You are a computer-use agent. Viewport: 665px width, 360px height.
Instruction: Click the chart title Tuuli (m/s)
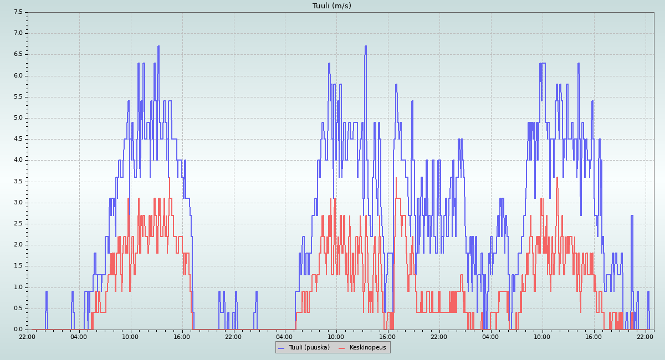[x=332, y=6]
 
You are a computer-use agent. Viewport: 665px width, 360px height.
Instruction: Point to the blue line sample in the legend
[x=281, y=348]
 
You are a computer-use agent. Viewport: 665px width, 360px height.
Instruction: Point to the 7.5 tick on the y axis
[x=18, y=12]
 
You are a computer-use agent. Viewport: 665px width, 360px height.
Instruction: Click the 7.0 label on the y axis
[x=18, y=33]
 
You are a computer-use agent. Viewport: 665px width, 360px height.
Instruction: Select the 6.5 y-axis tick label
[x=18, y=54]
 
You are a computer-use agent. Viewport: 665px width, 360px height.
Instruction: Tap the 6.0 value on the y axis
[x=18, y=75]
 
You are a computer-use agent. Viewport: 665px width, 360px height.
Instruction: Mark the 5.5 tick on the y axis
[x=18, y=97]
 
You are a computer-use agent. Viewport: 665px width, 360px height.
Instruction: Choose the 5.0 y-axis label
[x=18, y=118]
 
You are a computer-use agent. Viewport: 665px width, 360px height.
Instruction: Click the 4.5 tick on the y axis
[x=18, y=139]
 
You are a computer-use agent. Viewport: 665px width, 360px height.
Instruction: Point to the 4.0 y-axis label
[x=18, y=160]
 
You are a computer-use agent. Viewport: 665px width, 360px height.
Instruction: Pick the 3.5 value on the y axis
[x=18, y=182]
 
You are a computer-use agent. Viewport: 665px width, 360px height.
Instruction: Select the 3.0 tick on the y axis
[x=18, y=203]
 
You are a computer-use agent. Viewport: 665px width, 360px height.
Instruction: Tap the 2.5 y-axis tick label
[x=18, y=224]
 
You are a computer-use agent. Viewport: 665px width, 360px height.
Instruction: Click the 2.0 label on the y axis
[x=18, y=245]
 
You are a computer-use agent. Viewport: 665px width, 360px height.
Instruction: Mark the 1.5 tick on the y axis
[x=18, y=266]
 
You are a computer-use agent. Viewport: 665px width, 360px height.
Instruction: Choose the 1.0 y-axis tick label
[x=18, y=287]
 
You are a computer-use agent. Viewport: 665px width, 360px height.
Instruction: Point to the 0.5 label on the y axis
[x=18, y=308]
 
